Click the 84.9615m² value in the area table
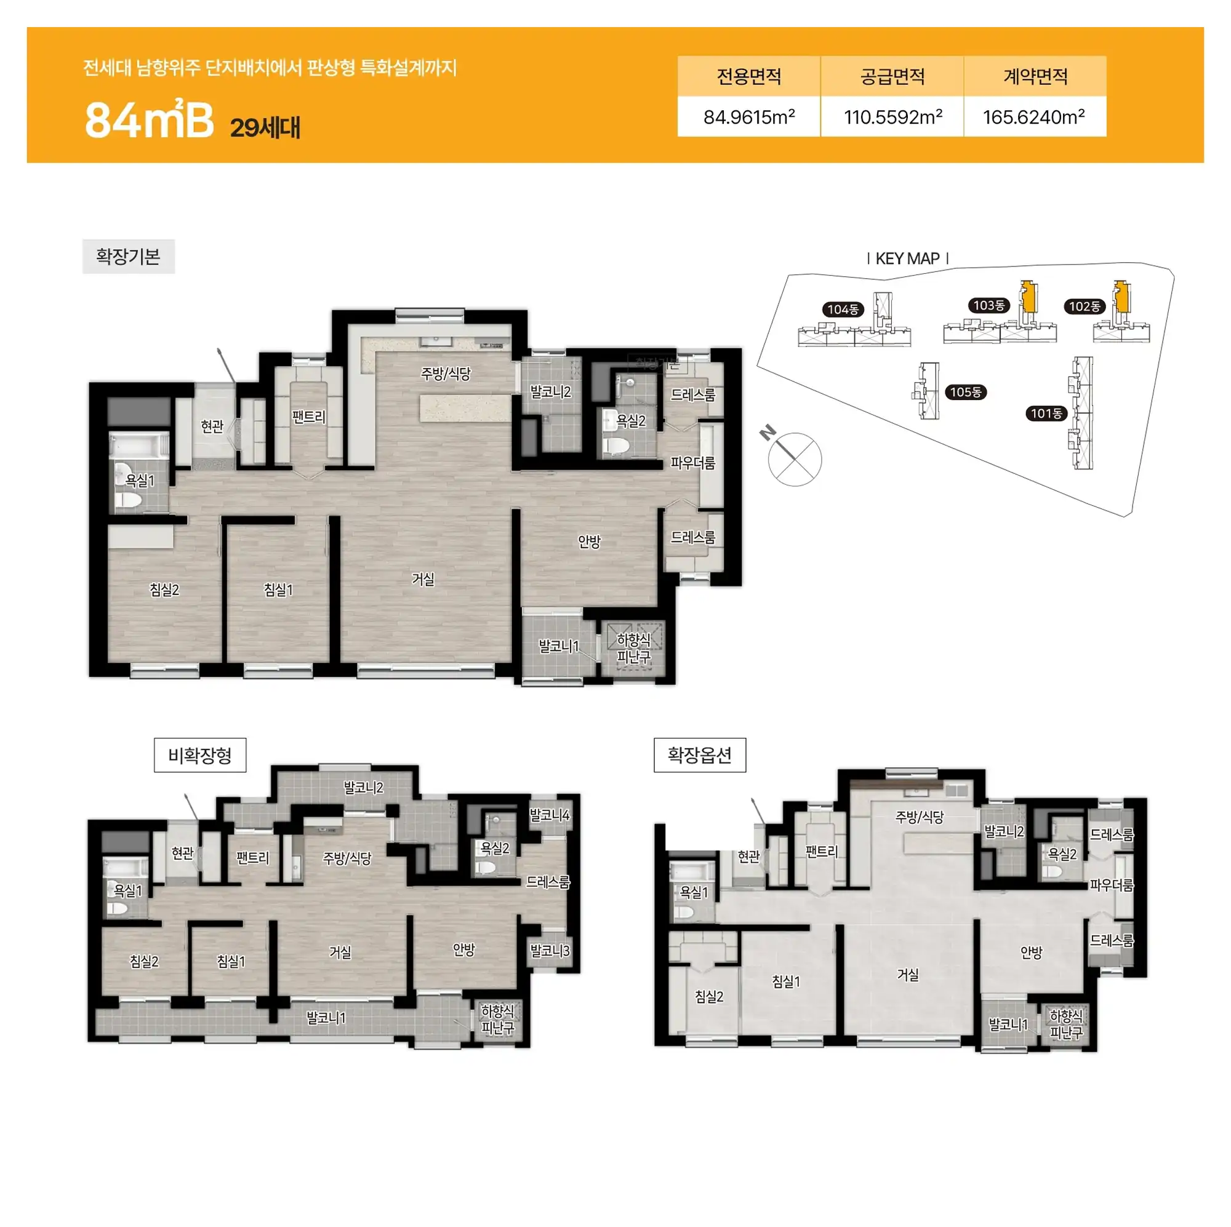748,117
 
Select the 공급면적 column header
892,76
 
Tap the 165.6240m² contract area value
1033,117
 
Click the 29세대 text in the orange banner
265,127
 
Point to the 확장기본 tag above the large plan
128,256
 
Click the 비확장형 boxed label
200,755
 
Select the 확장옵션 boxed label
700,755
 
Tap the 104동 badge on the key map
843,310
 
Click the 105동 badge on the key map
966,392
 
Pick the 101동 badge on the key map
1047,414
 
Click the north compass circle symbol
795,459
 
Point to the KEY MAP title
907,258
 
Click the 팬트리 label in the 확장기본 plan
308,417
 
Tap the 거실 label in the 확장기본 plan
423,579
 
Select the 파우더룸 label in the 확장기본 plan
692,463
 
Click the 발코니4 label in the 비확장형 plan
549,815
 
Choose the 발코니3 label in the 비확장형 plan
550,951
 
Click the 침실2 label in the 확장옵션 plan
709,996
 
